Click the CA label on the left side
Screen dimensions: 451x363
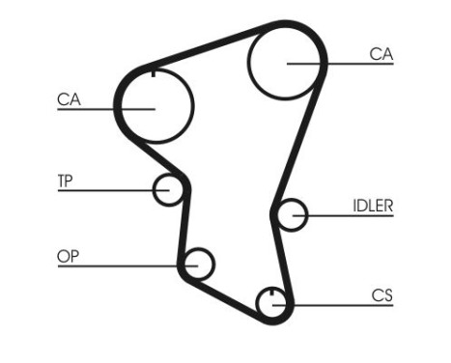coord(70,98)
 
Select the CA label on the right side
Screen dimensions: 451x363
coord(381,54)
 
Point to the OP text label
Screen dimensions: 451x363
coord(69,256)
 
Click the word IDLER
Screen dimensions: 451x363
coord(372,206)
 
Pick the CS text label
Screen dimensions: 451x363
coord(381,295)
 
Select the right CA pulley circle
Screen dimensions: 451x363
coord(288,62)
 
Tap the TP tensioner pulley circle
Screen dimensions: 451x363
coord(169,190)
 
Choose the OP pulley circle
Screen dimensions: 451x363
coord(199,263)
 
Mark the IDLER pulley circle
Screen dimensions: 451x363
coord(291,215)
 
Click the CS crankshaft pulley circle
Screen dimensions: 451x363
coord(273,304)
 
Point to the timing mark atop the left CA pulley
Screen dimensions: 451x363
coord(155,70)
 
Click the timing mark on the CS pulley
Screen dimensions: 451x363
coord(273,292)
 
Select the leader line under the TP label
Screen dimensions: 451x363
coord(106,190)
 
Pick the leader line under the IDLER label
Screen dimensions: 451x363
coord(348,216)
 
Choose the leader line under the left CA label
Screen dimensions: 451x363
coord(97,108)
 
